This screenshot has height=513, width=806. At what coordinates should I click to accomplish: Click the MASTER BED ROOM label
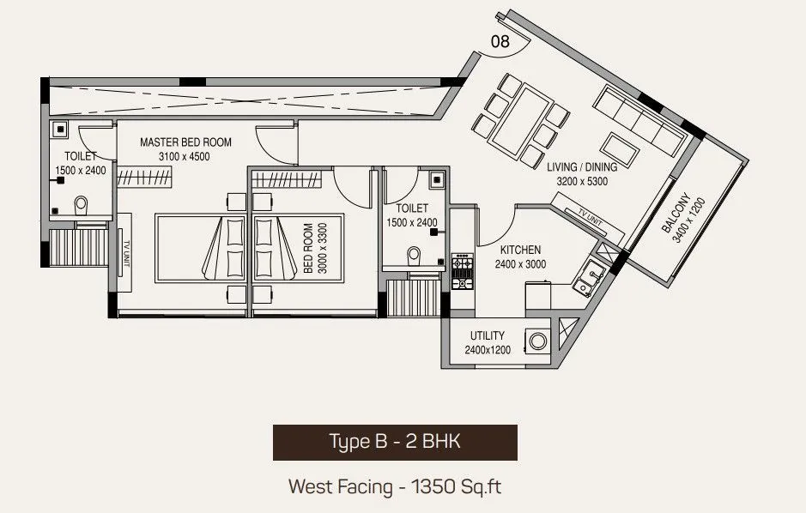point(185,142)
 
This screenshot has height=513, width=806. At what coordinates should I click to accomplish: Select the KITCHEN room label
point(520,250)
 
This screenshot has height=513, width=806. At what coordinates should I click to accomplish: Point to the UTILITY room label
point(487,335)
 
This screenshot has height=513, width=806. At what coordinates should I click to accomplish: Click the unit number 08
point(499,40)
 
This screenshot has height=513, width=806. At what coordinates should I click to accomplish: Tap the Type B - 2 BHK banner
point(395,442)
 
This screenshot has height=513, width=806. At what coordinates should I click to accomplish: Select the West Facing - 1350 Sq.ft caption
point(395,487)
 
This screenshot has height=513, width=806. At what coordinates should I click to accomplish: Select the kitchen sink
point(591,274)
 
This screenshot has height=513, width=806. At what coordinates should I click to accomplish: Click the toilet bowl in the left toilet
point(82,206)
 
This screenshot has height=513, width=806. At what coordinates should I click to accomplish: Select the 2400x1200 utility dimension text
point(487,350)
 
